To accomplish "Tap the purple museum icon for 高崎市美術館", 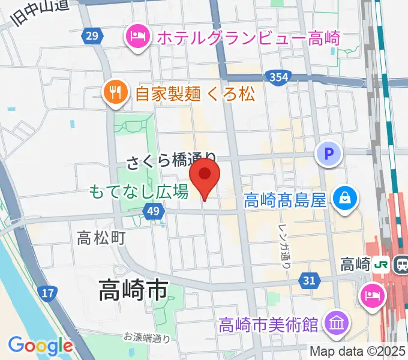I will pyautogui.click(x=335, y=324).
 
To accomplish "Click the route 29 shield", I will pyautogui.click(x=91, y=37).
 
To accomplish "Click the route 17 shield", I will pyautogui.click(x=48, y=293).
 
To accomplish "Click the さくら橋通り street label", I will pyautogui.click(x=171, y=161).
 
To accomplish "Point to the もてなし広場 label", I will pyautogui.click(x=139, y=192).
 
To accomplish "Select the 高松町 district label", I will pyautogui.click(x=101, y=238).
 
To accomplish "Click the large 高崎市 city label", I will pyautogui.click(x=133, y=292).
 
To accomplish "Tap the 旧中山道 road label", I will pyautogui.click(x=39, y=12).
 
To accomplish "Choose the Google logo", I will pyautogui.click(x=40, y=345).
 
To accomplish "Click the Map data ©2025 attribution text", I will pyautogui.click(x=358, y=351).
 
